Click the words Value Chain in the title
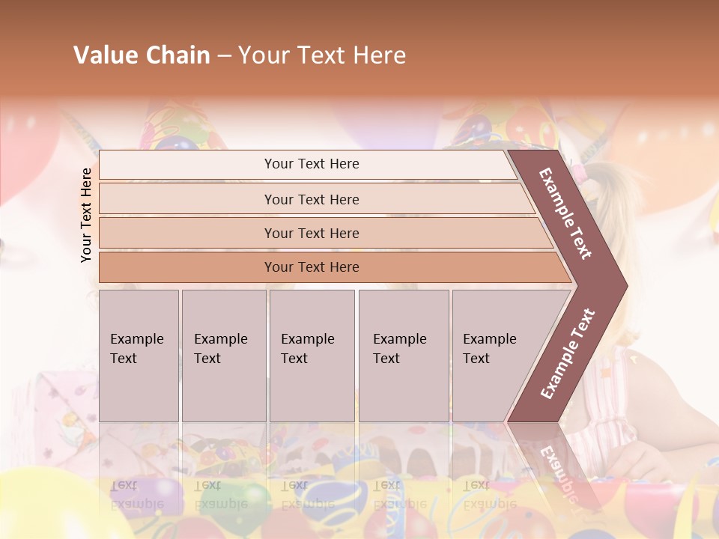pos(142,55)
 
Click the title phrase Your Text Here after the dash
pos(322,55)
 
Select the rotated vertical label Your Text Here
pos(86,215)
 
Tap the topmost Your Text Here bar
pos(312,164)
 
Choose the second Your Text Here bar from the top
pos(312,199)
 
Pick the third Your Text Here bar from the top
pos(312,233)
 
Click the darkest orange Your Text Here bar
pos(312,267)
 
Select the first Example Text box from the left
pos(139,356)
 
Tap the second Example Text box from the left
pos(223,356)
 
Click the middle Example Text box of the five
pos(312,356)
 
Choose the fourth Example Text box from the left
pos(403,356)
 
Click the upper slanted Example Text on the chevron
pos(565,213)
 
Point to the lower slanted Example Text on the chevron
pos(568,353)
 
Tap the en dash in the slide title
pos(224,56)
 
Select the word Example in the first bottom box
pos(137,339)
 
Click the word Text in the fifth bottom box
pos(476,359)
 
